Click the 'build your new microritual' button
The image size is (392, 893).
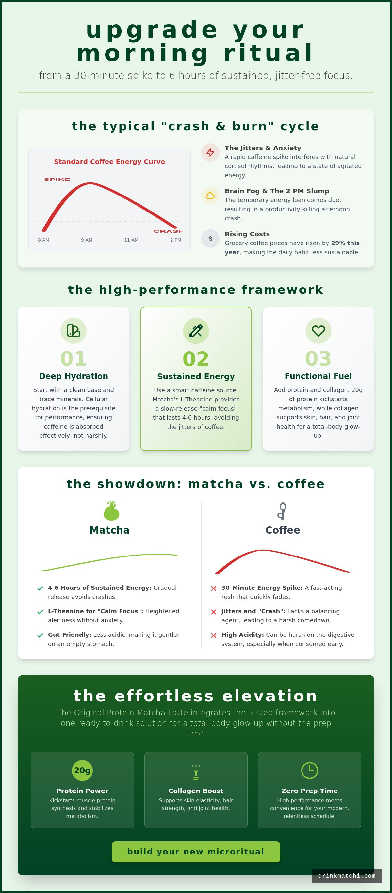click(x=196, y=852)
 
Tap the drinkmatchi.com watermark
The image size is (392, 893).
click(x=347, y=876)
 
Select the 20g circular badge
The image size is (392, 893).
click(x=82, y=770)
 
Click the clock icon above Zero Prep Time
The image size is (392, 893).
click(x=309, y=770)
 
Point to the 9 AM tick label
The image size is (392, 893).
click(x=87, y=240)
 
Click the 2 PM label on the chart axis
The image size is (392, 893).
click(x=175, y=240)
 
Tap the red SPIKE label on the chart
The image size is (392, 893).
click(x=57, y=179)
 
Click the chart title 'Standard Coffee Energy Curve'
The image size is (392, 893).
click(x=110, y=162)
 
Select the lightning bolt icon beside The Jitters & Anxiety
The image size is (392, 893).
click(x=210, y=152)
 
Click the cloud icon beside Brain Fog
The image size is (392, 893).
click(x=210, y=196)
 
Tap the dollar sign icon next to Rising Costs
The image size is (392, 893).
click(x=210, y=239)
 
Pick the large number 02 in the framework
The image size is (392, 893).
click(x=196, y=359)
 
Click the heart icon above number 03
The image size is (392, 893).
click(x=318, y=331)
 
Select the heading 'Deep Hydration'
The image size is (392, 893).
click(x=73, y=376)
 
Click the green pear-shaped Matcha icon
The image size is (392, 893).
click(x=111, y=511)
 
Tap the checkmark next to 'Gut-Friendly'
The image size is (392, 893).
click(x=40, y=635)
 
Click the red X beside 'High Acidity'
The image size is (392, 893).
click(x=213, y=635)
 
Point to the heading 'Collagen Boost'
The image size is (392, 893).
click(x=196, y=791)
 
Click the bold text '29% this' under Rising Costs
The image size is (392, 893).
click(x=345, y=243)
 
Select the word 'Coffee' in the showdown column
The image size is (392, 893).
click(x=282, y=530)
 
